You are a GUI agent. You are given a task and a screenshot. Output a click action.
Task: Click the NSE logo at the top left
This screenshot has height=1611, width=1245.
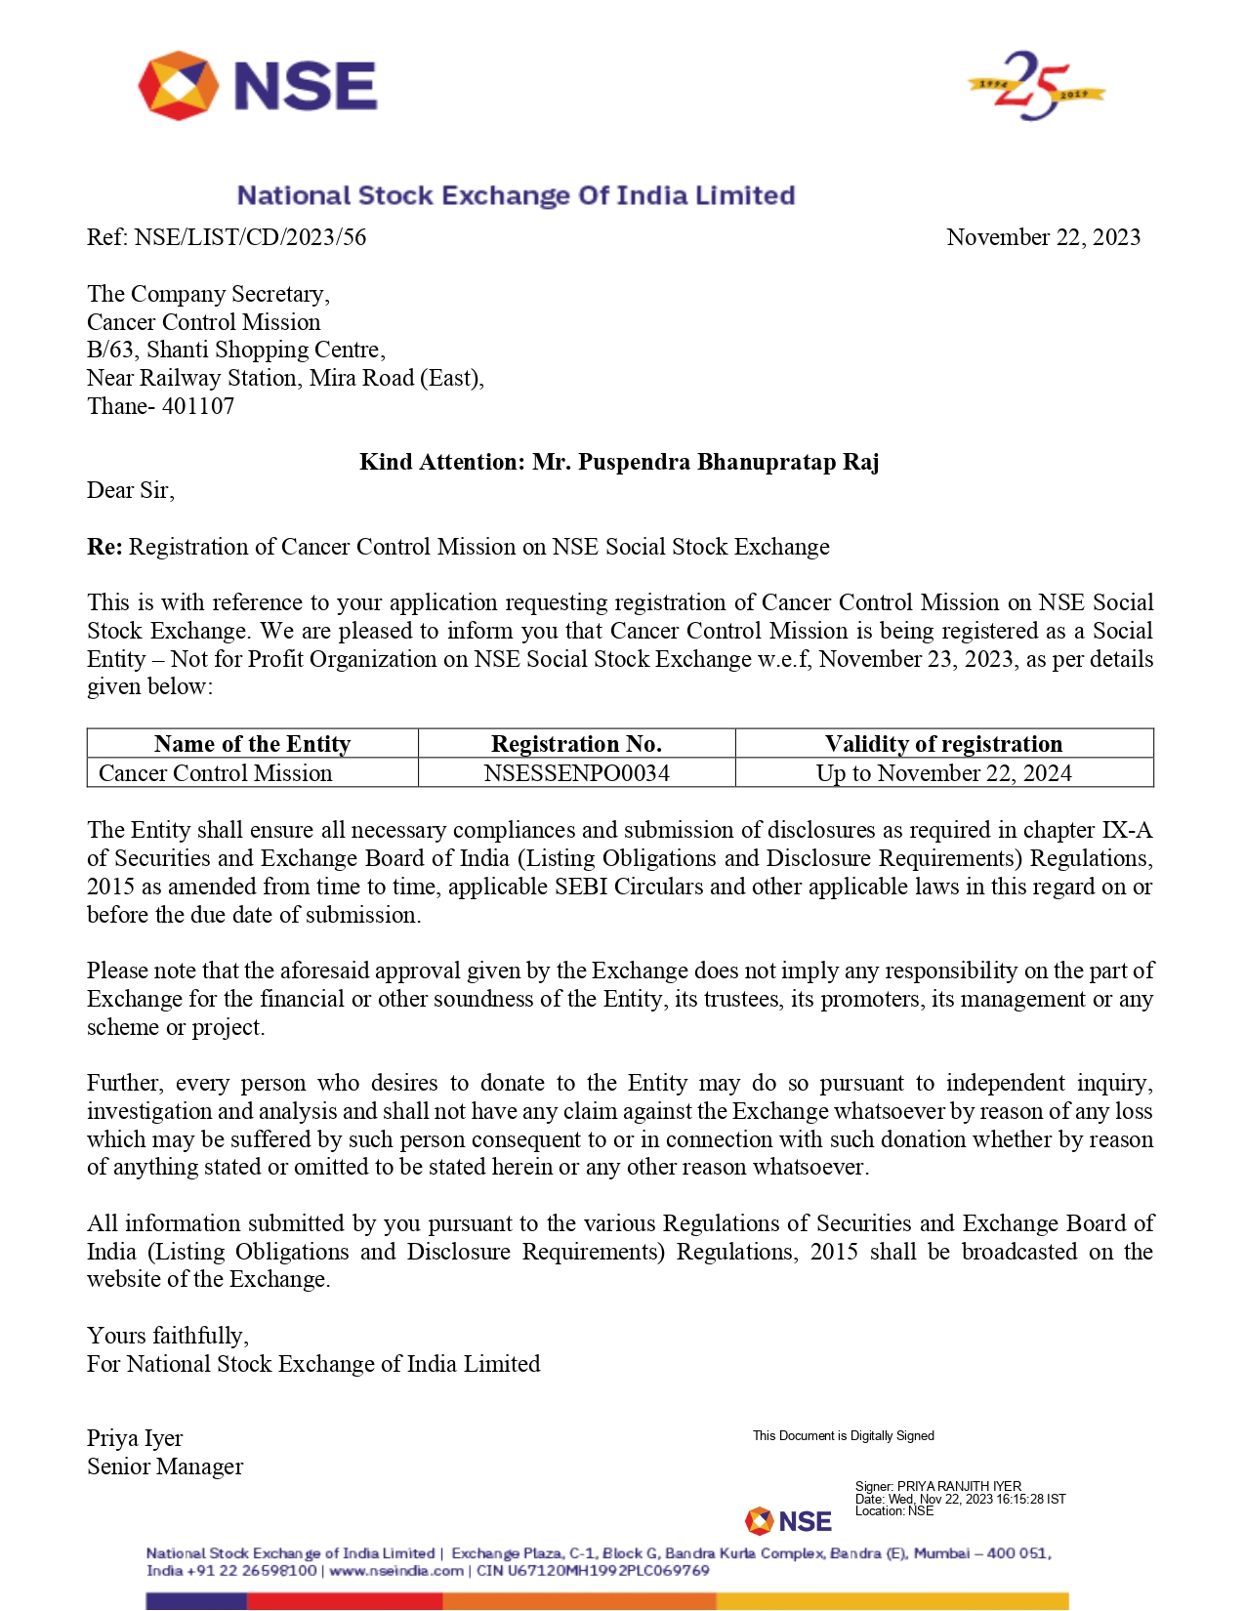coord(258,86)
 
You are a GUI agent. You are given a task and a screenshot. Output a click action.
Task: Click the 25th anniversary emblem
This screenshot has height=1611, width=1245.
coord(1035,86)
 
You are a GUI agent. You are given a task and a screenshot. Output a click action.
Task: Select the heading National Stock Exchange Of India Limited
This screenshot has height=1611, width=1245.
coord(516,195)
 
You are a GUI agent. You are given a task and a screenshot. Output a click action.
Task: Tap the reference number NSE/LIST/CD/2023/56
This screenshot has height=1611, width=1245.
coord(250,237)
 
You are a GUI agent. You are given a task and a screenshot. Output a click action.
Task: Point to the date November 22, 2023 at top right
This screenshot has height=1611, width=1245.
coord(1043,237)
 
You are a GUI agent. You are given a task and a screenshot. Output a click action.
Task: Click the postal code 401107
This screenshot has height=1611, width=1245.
coord(198,406)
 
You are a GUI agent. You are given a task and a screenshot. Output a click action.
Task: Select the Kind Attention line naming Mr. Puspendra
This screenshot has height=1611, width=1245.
coord(619,462)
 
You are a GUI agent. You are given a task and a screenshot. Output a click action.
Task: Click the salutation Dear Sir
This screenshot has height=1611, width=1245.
coord(130,490)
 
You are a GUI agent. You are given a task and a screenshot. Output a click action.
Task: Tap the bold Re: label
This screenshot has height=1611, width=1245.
coord(104,547)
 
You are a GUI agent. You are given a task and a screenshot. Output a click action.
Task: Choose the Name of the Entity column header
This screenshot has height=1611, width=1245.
coord(252,744)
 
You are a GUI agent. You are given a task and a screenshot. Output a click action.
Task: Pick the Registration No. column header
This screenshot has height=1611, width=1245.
coord(576,744)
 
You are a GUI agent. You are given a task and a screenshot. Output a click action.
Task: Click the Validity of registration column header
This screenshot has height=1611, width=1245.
coord(943,744)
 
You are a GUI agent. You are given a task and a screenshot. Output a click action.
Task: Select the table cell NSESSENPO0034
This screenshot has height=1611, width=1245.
coord(576,773)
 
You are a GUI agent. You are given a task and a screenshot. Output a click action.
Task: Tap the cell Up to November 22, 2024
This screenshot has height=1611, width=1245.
coord(943,773)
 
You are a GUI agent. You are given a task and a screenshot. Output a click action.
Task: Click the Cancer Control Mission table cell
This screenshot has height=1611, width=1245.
coord(215,773)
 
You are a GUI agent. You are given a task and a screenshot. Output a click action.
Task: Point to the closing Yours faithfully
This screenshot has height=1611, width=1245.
coord(168,1336)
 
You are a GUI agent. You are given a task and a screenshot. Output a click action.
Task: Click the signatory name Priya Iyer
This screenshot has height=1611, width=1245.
coord(135,1438)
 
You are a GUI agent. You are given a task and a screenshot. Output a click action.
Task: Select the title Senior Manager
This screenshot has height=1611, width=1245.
coord(165,1466)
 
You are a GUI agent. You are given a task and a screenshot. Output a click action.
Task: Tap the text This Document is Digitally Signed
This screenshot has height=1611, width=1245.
coord(843,1435)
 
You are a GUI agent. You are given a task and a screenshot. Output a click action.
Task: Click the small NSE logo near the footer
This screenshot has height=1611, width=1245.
coord(789,1521)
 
